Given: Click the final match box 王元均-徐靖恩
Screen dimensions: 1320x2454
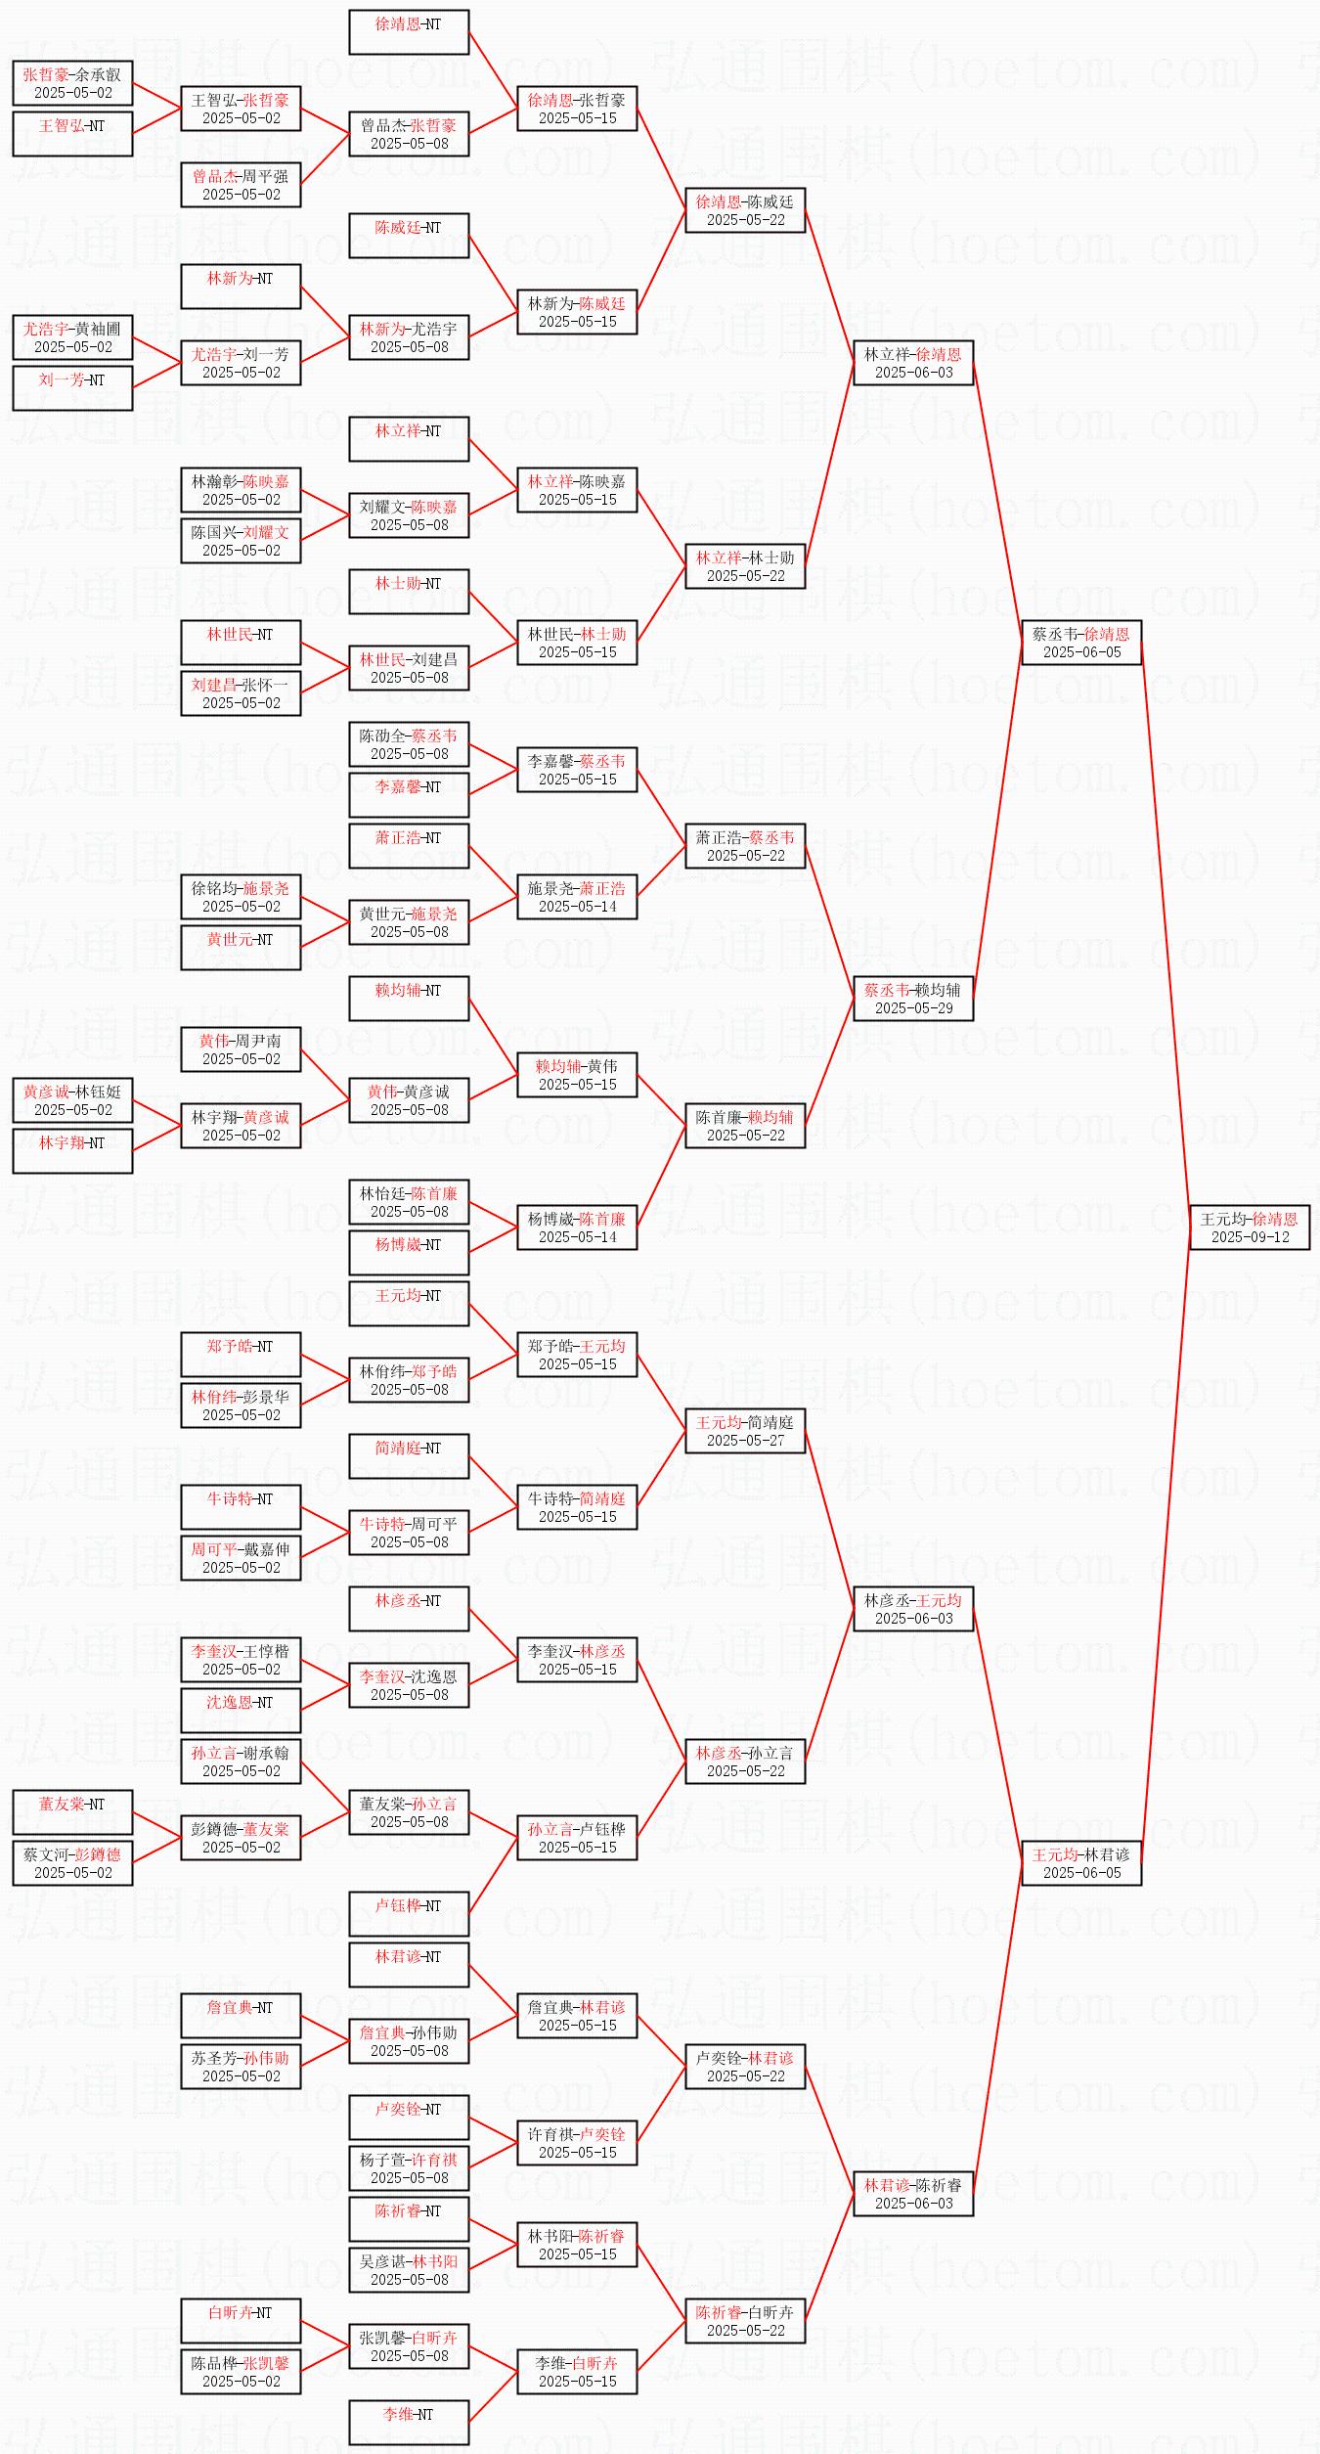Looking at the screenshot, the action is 1250,1227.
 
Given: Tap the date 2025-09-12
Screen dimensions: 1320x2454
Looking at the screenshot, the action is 1250,1237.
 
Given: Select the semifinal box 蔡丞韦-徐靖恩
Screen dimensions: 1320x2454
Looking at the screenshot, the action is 1081,643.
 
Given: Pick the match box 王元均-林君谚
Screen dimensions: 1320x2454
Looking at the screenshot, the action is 1081,1863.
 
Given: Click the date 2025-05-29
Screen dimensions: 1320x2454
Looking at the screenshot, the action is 913,1008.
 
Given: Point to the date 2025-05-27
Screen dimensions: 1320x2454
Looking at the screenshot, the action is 745,1441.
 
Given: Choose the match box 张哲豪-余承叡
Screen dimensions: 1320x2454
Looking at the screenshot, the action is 72,83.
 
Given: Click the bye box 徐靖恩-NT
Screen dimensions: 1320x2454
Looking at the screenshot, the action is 409,32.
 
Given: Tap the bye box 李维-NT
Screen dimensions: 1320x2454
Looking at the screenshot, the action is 409,2423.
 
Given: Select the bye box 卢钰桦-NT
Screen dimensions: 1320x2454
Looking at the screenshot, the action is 409,1914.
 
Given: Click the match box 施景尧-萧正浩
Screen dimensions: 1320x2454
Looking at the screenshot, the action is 577,897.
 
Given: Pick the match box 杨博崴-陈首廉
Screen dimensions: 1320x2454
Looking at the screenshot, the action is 577,1227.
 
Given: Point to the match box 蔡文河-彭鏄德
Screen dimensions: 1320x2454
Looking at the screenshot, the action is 72,1863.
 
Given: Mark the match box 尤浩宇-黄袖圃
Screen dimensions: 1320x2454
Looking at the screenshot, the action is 72,337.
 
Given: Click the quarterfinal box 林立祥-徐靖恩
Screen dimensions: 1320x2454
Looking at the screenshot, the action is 913,363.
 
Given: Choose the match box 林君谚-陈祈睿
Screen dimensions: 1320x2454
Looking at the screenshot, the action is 913,2194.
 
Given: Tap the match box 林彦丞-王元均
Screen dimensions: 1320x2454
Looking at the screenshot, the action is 913,1609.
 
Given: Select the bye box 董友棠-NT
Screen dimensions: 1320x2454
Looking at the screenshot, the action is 72,1812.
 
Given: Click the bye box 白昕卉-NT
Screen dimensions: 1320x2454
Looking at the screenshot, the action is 241,2321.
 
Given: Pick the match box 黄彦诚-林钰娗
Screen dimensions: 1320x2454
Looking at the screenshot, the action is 72,1100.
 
